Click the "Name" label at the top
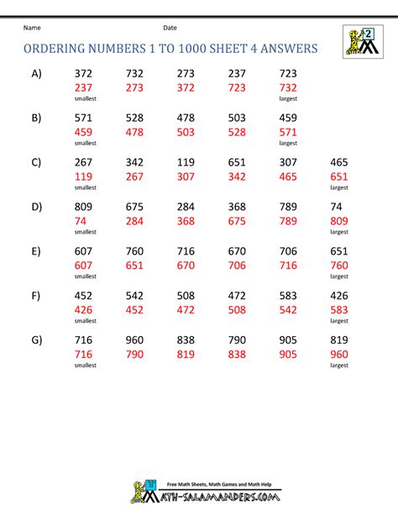tap(33, 29)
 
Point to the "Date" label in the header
tap(170, 29)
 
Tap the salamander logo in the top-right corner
tap(360, 42)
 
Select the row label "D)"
tap(36, 206)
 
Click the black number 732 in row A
tap(134, 74)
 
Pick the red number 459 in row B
tap(83, 132)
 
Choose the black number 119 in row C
tap(186, 162)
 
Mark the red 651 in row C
tap(339, 177)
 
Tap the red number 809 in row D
tap(339, 221)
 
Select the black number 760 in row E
tap(134, 250)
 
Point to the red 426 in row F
tap(83, 309)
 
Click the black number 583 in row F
tap(288, 294)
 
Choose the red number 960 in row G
tap(339, 354)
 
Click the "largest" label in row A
tap(288, 99)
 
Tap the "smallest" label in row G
tap(84, 365)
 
